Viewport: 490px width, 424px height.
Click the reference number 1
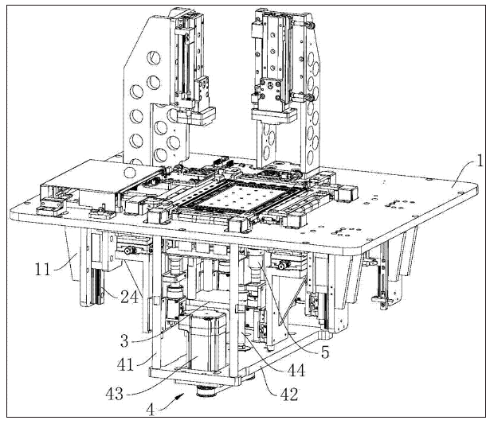click(479, 161)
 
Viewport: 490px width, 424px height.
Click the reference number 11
click(43, 269)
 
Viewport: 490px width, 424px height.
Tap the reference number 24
click(129, 297)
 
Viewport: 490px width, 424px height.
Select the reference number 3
click(124, 340)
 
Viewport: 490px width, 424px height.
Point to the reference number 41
click(126, 364)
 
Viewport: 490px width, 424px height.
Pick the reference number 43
click(115, 394)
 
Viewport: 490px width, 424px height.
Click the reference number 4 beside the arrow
click(151, 410)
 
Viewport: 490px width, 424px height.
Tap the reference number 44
click(296, 371)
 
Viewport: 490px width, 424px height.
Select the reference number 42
click(289, 395)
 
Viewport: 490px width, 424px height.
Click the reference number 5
click(325, 352)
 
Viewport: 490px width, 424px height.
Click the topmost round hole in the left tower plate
click(154, 58)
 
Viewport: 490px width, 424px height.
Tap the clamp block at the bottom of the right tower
click(274, 115)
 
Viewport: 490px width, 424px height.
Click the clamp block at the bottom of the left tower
click(196, 116)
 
